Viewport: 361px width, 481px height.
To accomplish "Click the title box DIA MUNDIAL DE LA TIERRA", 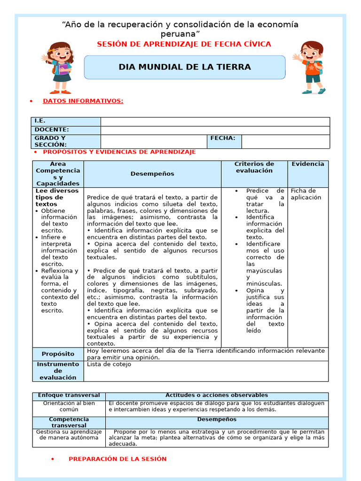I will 184,67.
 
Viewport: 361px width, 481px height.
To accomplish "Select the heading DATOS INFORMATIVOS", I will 83,101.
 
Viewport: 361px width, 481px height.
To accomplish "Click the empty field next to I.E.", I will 215,122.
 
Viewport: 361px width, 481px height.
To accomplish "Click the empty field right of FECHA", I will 285,141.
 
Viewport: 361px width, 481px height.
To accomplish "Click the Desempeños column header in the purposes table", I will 152,174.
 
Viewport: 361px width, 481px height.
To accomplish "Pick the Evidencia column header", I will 308,164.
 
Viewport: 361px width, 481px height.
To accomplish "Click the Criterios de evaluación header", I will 254,167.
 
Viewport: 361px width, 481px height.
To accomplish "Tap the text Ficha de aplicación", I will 306,194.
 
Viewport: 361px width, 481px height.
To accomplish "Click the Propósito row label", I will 58,354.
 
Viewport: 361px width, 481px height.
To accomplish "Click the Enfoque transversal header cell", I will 69,396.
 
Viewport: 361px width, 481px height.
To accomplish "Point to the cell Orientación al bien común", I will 69,406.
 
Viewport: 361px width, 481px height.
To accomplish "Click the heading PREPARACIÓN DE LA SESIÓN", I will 118,459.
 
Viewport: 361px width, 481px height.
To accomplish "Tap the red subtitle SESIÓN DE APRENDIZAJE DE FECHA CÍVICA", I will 184,44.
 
